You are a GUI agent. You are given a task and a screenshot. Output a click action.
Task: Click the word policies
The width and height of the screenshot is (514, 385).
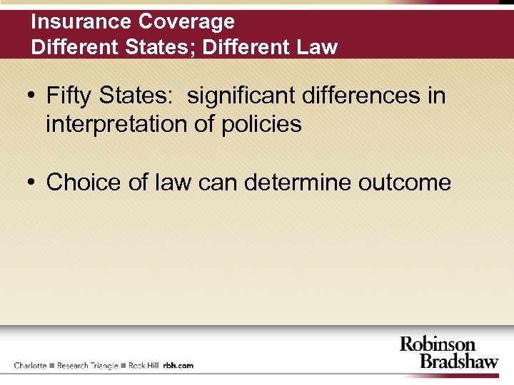pyautogui.click(x=261, y=125)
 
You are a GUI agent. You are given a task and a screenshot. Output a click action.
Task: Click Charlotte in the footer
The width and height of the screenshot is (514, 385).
pyautogui.click(x=30, y=365)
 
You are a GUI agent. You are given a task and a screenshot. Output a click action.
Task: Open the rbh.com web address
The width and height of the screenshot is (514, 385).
pyautogui.click(x=178, y=365)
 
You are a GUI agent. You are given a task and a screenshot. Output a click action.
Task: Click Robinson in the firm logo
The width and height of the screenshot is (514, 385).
pyautogui.click(x=437, y=344)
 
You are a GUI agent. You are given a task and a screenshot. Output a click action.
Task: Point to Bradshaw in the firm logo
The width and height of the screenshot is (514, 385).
pyautogui.click(x=458, y=361)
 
